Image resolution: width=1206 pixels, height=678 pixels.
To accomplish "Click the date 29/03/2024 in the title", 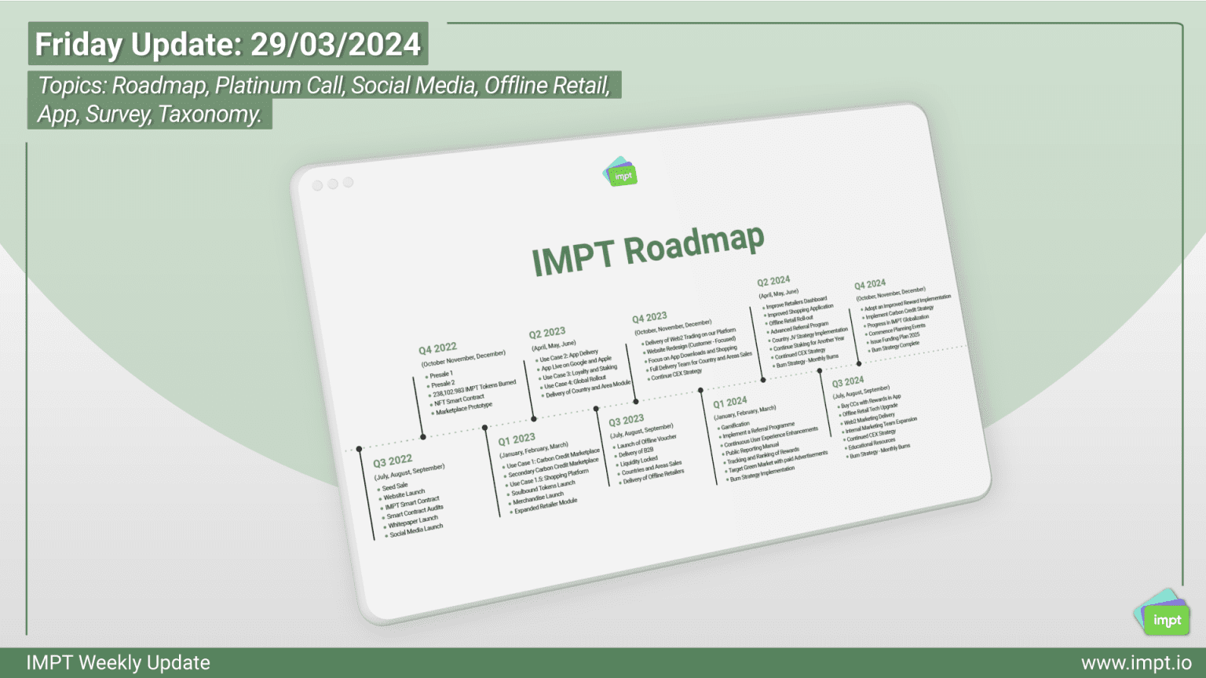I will [336, 44].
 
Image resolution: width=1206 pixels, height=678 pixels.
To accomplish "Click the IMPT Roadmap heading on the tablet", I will [647, 250].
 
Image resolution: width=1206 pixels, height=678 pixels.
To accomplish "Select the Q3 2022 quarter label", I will [393, 461].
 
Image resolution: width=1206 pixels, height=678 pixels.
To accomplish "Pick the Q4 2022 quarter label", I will [437, 348].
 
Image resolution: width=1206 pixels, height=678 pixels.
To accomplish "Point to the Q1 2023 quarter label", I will [517, 439].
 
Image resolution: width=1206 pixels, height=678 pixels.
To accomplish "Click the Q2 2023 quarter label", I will [546, 333].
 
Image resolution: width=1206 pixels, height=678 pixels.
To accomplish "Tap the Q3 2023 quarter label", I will [626, 421].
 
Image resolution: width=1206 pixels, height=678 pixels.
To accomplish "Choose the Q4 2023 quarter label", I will [649, 317].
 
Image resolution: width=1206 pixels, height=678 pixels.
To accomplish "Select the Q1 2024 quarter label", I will [729, 402].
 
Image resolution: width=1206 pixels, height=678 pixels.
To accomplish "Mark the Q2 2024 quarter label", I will [773, 281].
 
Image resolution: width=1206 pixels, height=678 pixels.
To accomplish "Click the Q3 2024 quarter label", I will [847, 382].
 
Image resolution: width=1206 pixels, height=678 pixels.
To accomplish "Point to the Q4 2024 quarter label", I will [870, 284].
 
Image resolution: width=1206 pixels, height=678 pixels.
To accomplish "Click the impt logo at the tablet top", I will [620, 172].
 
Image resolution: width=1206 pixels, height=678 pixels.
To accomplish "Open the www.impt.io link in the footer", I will [1135, 663].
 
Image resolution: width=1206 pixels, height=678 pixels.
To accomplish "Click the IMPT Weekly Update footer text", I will [119, 663].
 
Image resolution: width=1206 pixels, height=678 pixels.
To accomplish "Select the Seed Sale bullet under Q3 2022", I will [395, 487].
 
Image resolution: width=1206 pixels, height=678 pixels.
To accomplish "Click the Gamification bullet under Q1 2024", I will [735, 425].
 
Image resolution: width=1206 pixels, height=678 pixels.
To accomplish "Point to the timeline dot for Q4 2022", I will [422, 436].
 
